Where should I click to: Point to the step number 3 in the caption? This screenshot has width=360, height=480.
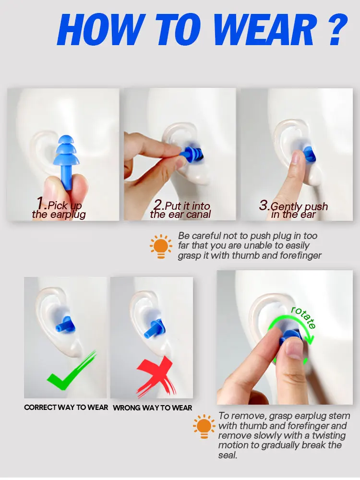264,204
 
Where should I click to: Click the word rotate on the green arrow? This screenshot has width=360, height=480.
304,317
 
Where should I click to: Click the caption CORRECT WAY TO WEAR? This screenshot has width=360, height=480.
66,408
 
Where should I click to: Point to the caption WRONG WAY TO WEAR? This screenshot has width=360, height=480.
153,408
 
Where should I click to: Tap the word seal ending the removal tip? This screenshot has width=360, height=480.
228,455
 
